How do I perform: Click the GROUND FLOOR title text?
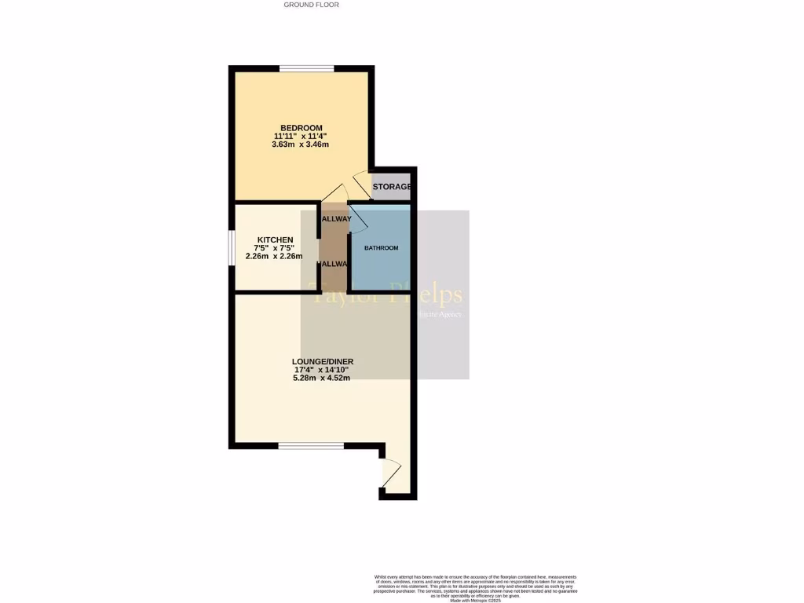(x=311, y=5)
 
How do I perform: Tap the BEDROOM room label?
(x=301, y=128)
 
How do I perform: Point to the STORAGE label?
(x=392, y=187)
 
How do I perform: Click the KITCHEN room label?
(x=275, y=239)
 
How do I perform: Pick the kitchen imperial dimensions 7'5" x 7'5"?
(x=274, y=248)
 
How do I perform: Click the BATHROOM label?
(x=381, y=248)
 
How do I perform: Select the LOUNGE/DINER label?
(x=321, y=361)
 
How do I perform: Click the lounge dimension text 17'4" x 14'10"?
(x=321, y=370)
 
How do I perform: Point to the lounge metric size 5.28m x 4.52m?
(x=321, y=378)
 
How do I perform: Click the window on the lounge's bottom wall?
(x=311, y=446)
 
